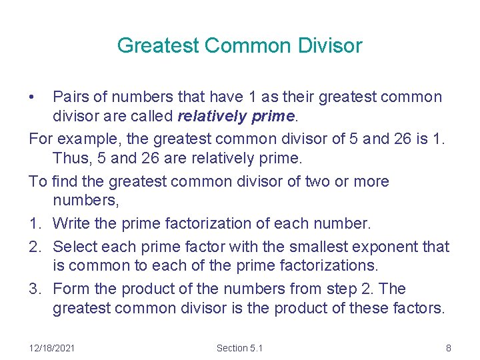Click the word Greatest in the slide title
159,46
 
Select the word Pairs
70,97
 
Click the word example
90,139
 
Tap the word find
61,181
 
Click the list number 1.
35,223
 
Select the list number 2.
35,247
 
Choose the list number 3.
35,289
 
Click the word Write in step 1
70,223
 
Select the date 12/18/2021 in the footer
53,347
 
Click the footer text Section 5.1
240,347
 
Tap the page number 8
449,347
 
